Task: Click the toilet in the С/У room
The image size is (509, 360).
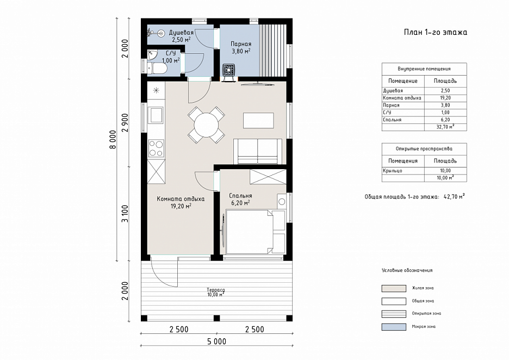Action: point(157,69)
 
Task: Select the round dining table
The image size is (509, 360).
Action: point(207,125)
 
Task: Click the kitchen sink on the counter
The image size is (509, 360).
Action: point(156,115)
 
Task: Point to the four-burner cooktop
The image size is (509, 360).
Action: point(156,148)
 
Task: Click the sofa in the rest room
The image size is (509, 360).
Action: point(258,151)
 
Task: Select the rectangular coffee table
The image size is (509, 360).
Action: point(258,120)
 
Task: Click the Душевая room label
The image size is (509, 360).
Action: point(181,33)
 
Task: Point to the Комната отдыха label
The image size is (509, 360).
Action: point(181,198)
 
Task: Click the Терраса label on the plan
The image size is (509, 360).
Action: point(215,290)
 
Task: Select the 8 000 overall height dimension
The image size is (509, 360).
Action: point(113,140)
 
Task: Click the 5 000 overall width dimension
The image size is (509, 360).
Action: point(216,342)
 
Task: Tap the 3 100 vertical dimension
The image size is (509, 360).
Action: point(125,214)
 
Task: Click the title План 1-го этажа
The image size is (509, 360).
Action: point(435,32)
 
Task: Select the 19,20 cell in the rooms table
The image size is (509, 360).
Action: point(445,98)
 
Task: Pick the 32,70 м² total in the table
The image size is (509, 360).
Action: point(445,127)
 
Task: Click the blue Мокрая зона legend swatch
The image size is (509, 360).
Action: point(394,327)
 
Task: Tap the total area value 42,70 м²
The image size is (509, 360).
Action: point(454,196)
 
